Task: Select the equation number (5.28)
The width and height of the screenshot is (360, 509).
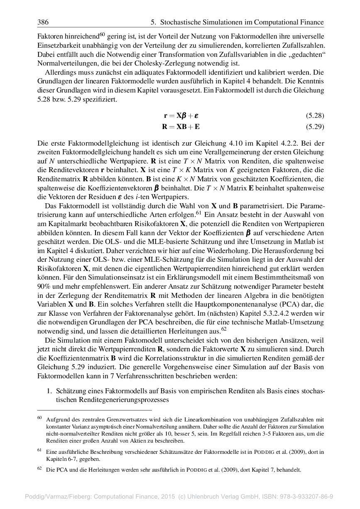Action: (x=315, y=115)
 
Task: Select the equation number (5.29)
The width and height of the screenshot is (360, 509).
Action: (x=315, y=127)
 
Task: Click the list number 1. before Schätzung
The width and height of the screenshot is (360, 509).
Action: (x=49, y=391)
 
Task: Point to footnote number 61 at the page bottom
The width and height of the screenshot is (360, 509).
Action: (x=39, y=450)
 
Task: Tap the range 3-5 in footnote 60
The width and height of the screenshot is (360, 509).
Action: (x=238, y=434)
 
